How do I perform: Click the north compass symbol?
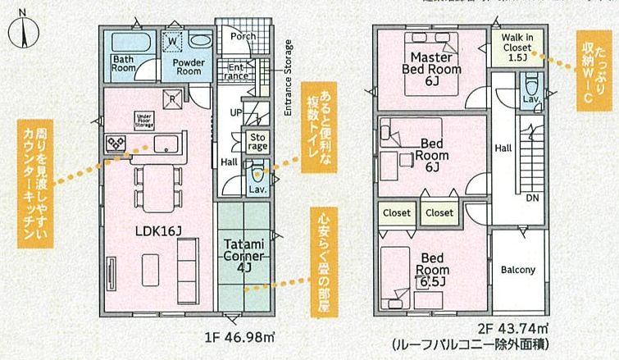[x=25, y=33]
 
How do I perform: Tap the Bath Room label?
[x=124, y=64]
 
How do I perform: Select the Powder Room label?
[x=189, y=66]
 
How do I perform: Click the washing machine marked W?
[x=174, y=40]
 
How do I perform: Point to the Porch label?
[x=243, y=36]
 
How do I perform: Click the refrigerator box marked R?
[x=173, y=101]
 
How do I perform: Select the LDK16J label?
[x=158, y=232]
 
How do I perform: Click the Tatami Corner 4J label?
[x=244, y=254]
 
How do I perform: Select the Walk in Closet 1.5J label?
[x=517, y=48]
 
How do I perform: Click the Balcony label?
[x=517, y=270]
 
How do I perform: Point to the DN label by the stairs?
[x=531, y=198]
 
